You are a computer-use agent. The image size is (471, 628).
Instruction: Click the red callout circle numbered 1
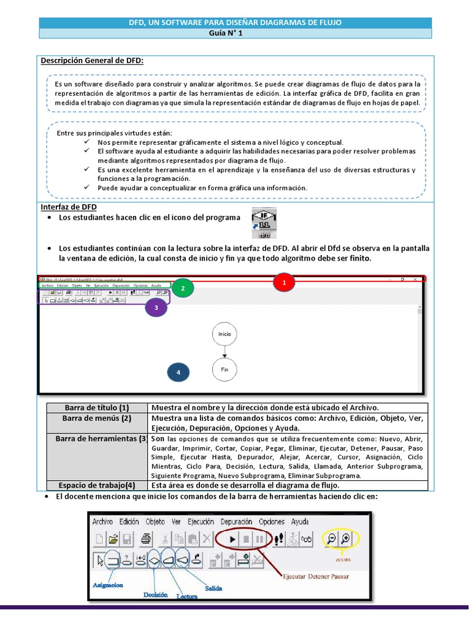coord(285,283)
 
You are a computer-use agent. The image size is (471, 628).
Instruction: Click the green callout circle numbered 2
coord(183,287)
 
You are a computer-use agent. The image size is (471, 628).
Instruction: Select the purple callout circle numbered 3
coord(156,308)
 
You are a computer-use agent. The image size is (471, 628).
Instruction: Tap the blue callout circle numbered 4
coord(178,372)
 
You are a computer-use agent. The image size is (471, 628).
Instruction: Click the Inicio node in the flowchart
coord(224,334)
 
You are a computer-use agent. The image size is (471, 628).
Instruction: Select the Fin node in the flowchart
coord(224,370)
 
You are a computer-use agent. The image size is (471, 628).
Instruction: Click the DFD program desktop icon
coord(264,223)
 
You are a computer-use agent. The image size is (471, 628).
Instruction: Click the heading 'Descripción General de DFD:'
coord(92,61)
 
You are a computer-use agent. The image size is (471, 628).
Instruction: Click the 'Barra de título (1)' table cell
coord(98,408)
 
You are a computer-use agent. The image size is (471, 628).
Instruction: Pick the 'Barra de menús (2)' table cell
coord(98,418)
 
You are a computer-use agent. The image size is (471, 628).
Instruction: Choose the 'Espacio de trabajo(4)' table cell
coord(98,484)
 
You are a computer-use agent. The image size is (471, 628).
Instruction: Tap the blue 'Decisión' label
coord(156,594)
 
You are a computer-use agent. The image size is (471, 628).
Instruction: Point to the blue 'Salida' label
coord(213,587)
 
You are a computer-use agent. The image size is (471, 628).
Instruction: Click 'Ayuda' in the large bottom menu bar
coord(299,521)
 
